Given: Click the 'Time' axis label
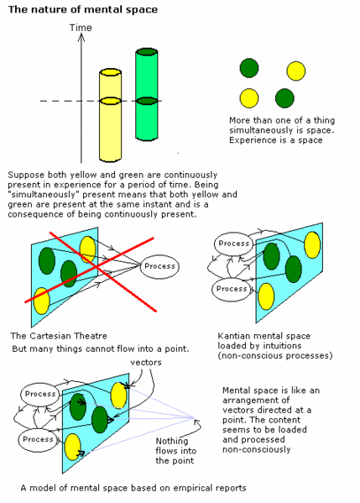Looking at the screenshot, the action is pyautogui.click(x=81, y=28).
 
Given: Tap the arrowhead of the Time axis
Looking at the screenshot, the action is pyautogui.click(x=81, y=38).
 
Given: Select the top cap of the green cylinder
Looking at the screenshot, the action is pyautogui.click(x=147, y=52).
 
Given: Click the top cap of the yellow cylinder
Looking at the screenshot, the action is pyautogui.click(x=110, y=72).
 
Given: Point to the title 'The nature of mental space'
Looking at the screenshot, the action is pyautogui.click(x=83, y=9).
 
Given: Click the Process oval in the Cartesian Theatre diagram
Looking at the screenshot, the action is pyautogui.click(x=159, y=266).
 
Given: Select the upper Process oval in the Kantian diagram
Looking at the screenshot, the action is pyautogui.click(x=233, y=244).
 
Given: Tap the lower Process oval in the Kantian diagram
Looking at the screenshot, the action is pyautogui.click(x=232, y=289).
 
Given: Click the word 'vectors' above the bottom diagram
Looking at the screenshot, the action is pyautogui.click(x=146, y=363).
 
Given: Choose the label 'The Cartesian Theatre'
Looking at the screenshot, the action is pyautogui.click(x=59, y=336).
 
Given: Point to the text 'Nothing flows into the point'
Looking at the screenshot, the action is pyautogui.click(x=175, y=451).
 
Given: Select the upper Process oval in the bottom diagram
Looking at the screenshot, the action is pyautogui.click(x=40, y=394).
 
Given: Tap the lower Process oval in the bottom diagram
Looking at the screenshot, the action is pyautogui.click(x=38, y=439).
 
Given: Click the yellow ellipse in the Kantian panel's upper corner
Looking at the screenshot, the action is pyautogui.click(x=312, y=245).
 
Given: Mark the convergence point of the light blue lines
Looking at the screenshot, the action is pyautogui.click(x=195, y=417).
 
